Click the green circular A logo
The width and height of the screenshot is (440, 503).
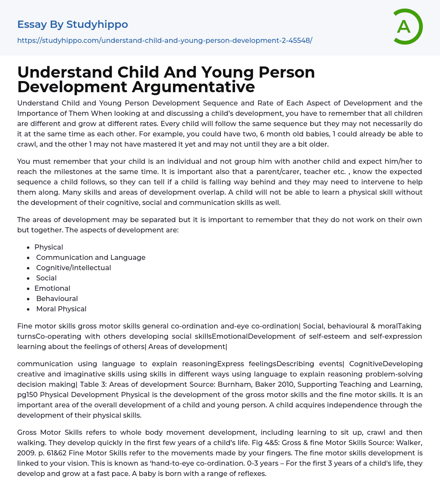[407, 27]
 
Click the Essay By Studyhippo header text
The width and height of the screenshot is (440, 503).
[73, 24]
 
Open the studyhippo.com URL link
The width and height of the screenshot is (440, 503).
[165, 40]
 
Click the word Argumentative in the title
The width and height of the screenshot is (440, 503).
[193, 87]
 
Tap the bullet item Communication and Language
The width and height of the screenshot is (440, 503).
[91, 257]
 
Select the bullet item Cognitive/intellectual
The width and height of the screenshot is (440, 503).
[73, 268]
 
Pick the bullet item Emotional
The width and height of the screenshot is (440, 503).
[52, 288]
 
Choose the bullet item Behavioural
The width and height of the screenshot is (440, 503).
[57, 298]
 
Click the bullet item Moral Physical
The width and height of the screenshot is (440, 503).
[61, 309]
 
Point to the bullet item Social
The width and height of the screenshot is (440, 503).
[46, 278]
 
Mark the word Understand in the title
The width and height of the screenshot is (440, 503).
[64, 72]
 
